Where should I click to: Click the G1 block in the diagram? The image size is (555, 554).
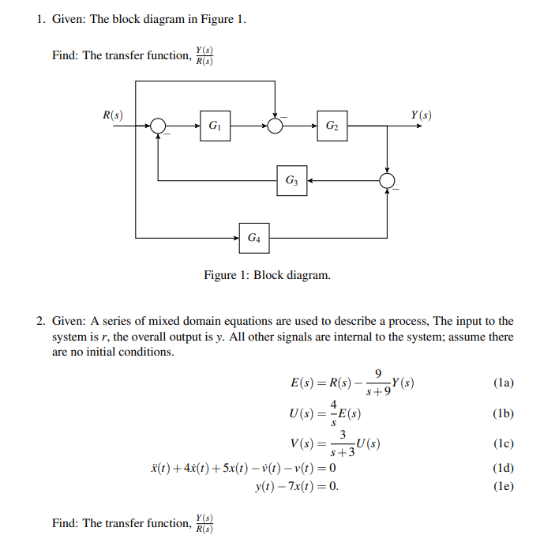pos(216,126)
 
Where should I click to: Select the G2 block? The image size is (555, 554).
pos(332,126)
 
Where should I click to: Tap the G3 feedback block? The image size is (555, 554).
pos(291,181)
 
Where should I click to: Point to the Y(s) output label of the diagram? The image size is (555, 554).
pos(421,115)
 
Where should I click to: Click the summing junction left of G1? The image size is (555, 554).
pos(159,126)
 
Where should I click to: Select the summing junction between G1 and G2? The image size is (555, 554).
pos(275,126)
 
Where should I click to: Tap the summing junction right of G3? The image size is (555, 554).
pos(388,181)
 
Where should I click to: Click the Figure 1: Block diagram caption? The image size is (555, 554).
pos(268,276)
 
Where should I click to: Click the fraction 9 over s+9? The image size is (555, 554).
pos(379,383)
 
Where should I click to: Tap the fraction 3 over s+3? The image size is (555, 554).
pos(343,443)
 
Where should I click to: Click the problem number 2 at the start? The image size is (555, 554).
pos(39,321)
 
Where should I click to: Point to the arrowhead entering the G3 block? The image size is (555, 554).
pos(310,181)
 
